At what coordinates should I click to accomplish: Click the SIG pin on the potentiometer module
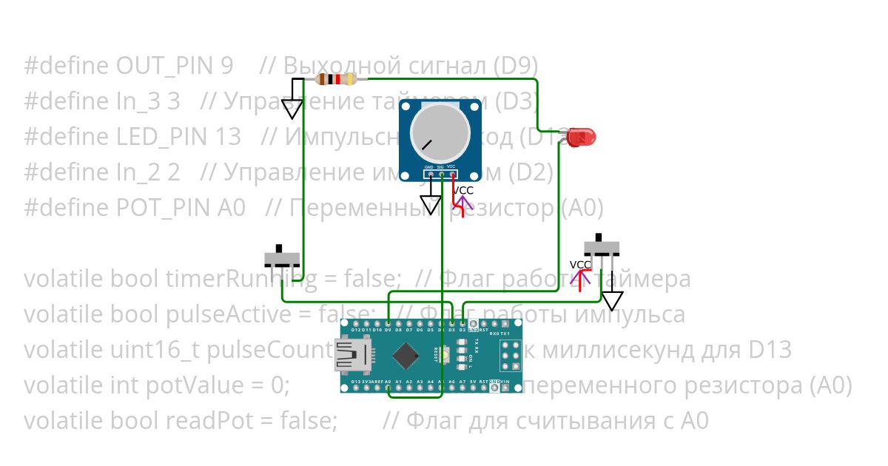(x=441, y=175)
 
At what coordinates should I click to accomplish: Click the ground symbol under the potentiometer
(x=430, y=205)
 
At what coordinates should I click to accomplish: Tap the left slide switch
(x=283, y=259)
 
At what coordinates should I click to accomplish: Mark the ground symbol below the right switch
(x=612, y=300)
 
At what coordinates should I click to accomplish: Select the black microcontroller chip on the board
(x=405, y=356)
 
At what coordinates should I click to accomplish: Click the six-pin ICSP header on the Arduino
(x=508, y=356)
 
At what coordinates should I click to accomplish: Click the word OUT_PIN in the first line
(x=164, y=66)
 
